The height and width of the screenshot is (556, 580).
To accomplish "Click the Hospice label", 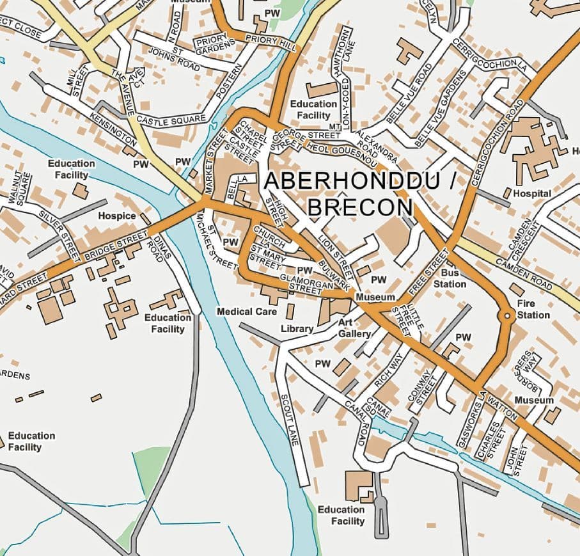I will [x=117, y=216].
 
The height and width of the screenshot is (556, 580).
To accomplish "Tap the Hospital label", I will [x=532, y=193].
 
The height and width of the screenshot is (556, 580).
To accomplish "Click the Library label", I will [x=297, y=329].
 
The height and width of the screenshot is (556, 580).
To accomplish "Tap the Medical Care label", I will [x=247, y=312].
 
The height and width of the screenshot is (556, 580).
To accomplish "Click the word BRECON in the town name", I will [x=359, y=207].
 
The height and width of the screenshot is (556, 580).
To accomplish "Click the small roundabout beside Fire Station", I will [x=507, y=315].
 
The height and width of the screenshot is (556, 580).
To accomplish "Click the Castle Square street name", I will [x=171, y=120].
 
